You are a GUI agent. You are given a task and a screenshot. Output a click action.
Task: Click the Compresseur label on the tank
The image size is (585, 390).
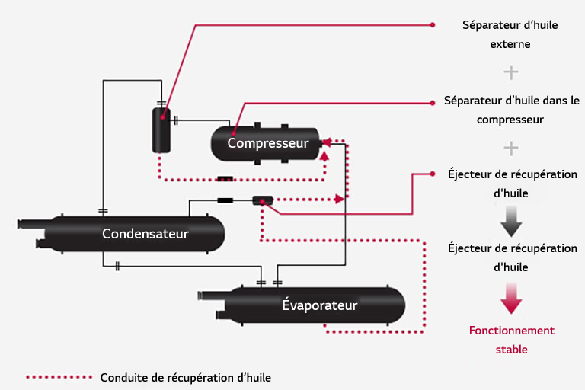click(x=267, y=143)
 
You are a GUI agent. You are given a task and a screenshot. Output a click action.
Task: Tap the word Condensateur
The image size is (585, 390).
click(x=145, y=233)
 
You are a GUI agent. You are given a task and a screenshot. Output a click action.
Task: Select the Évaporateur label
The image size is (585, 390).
click(x=319, y=305)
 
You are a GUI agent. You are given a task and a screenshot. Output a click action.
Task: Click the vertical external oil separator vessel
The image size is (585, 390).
click(x=161, y=129)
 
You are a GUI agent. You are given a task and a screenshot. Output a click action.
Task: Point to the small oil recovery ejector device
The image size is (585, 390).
click(x=262, y=201)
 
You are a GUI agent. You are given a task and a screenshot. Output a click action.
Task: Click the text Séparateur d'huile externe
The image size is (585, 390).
click(x=510, y=35)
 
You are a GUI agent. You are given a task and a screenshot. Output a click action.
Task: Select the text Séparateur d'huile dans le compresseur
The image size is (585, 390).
click(x=510, y=110)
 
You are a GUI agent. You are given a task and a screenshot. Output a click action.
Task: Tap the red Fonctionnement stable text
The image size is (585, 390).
click(x=511, y=340)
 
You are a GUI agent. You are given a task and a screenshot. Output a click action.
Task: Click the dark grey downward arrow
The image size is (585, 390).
click(x=511, y=222)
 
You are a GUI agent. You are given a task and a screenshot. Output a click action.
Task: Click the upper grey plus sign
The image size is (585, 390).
click(x=511, y=72)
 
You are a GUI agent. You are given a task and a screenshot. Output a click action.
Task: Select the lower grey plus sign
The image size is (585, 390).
click(x=511, y=147)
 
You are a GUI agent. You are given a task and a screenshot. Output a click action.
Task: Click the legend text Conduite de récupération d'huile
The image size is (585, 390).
click(x=185, y=377)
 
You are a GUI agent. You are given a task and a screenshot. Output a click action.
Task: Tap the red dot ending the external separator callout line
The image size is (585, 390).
click(x=433, y=25)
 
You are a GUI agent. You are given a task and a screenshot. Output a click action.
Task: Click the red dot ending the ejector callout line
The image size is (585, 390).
click(x=433, y=174)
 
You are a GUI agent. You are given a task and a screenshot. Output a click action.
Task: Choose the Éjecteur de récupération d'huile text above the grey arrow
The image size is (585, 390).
click(x=512, y=184)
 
